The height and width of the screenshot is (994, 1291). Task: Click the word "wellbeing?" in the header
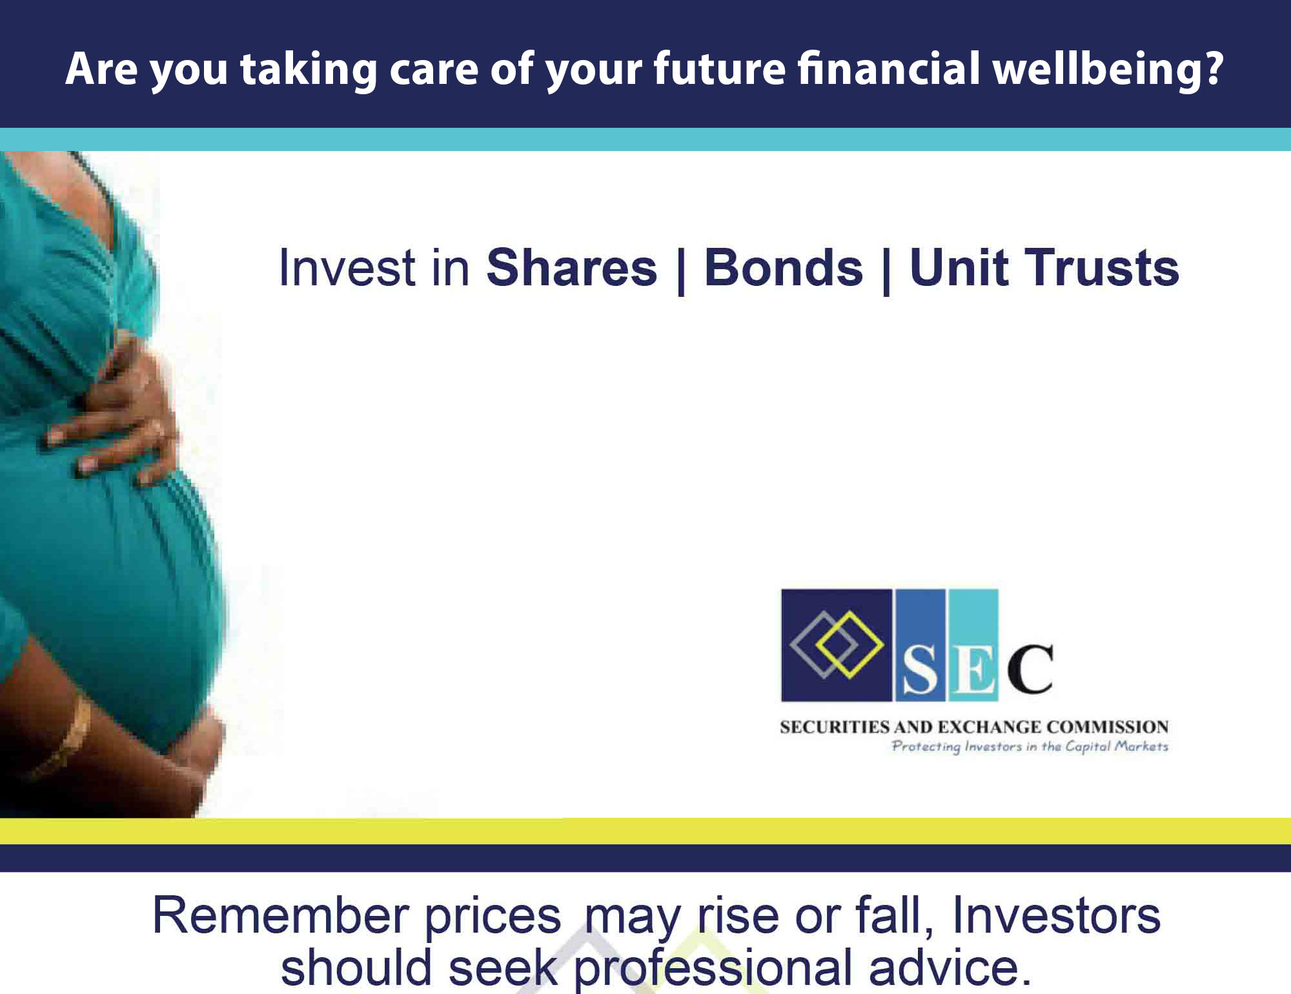[x=1108, y=69]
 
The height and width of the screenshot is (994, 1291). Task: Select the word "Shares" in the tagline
[x=572, y=267]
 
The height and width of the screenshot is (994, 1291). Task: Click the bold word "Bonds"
[x=783, y=267]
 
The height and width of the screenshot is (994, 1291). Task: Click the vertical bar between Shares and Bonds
[x=681, y=270]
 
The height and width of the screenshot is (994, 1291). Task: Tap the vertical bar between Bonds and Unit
[x=886, y=270]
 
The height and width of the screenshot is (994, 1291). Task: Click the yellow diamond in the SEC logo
[x=849, y=645]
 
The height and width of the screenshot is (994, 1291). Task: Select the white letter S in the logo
[x=919, y=670]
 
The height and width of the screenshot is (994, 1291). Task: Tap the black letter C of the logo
[x=1030, y=669]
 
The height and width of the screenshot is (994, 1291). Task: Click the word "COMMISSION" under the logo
[x=1108, y=727]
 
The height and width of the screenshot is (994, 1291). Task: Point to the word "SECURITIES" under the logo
[x=835, y=727]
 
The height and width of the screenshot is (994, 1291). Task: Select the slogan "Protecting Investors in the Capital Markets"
[x=1030, y=747]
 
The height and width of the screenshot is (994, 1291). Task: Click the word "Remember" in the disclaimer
[x=281, y=915]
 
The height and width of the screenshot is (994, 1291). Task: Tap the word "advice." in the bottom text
[x=950, y=968]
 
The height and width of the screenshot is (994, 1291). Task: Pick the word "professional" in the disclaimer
[x=713, y=969]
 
